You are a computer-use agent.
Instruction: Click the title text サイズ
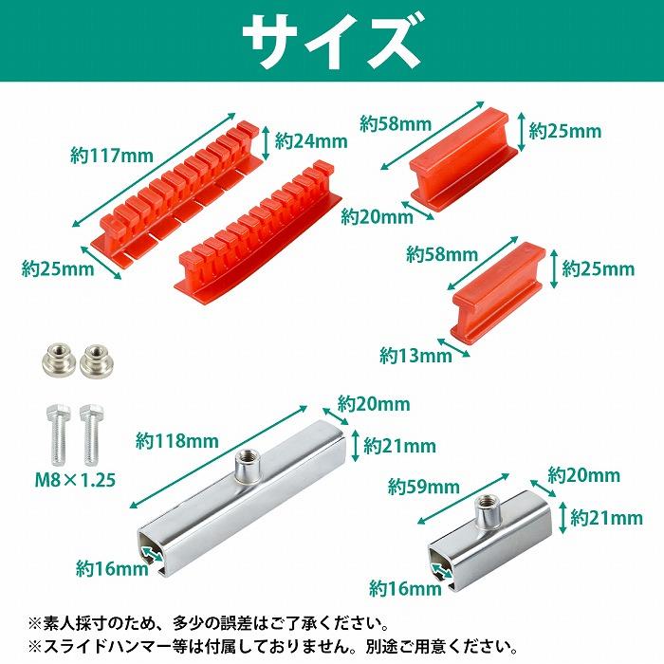(331, 40)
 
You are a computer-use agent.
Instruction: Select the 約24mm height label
(311, 141)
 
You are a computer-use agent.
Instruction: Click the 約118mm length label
(176, 440)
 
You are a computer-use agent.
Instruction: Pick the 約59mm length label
(423, 488)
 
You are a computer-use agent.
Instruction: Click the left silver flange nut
(55, 358)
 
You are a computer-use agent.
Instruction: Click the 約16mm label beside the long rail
(112, 568)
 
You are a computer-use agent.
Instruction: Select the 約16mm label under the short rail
(406, 588)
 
